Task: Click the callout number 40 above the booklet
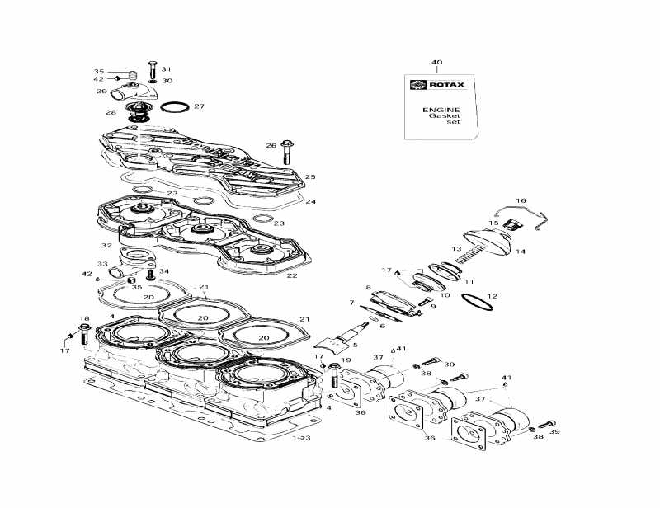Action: (x=437, y=63)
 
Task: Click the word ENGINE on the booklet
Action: (x=441, y=110)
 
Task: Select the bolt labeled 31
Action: (x=152, y=70)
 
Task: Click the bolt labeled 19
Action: (x=333, y=377)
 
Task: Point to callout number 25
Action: (x=309, y=176)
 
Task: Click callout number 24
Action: (x=310, y=201)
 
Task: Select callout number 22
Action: (x=291, y=275)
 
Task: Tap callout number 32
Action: (x=106, y=246)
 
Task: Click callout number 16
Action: (x=521, y=200)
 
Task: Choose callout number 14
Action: (x=520, y=252)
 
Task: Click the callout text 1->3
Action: (x=302, y=439)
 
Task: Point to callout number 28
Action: (x=111, y=112)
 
